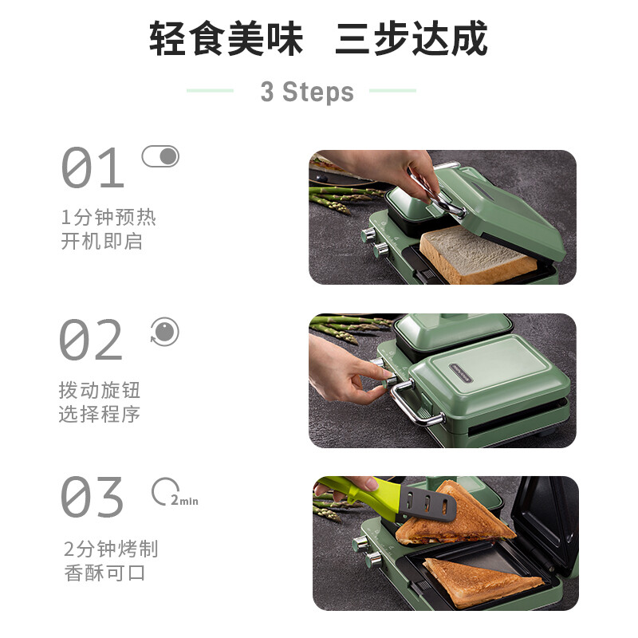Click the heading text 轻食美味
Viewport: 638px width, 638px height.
[226, 38]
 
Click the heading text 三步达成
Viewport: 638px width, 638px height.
[412, 38]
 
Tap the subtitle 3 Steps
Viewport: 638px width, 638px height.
[307, 92]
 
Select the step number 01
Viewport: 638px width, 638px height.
[93, 167]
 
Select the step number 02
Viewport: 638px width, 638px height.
[91, 340]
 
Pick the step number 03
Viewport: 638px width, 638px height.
[92, 497]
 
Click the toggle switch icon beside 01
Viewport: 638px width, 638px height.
[160, 156]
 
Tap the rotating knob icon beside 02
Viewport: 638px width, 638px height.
[164, 332]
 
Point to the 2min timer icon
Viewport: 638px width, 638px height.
[175, 492]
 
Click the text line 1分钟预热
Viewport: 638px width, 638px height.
[108, 217]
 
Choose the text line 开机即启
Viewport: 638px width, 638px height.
[102, 242]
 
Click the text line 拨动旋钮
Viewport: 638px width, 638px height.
[100, 390]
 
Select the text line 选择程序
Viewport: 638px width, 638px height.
[100, 414]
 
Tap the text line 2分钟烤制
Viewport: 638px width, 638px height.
[111, 549]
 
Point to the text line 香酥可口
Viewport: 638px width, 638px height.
[104, 573]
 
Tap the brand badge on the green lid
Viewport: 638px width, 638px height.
[460, 372]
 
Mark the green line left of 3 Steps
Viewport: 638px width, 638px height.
[210, 90]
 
